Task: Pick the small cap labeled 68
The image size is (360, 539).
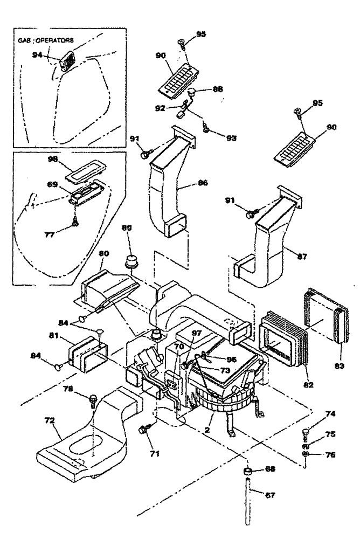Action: (x=249, y=472)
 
